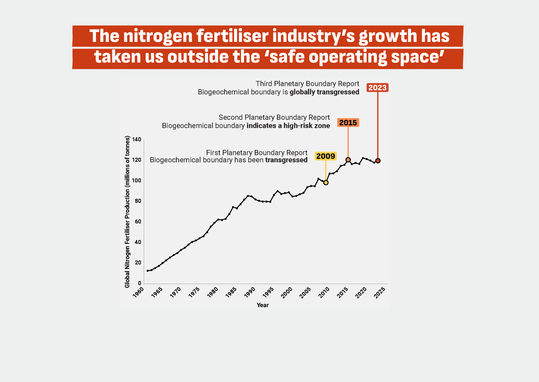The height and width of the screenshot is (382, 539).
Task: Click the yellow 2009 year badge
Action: point(326,156)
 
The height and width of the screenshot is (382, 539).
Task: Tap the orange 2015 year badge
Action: point(348,123)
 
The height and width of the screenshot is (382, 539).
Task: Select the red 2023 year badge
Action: point(377,88)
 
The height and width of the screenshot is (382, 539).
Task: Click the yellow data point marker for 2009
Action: point(326,183)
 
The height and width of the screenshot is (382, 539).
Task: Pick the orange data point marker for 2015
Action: point(348,160)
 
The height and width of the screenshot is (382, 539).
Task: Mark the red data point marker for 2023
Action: point(378,161)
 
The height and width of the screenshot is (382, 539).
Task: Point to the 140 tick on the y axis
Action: point(137,140)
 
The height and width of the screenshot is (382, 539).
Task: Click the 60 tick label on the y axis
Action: point(138,221)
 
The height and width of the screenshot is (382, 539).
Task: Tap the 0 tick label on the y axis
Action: point(140,283)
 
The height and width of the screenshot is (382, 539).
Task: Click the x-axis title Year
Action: point(263,305)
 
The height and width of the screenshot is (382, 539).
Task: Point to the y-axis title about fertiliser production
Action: point(127,212)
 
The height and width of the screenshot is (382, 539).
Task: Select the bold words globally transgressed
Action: point(324,92)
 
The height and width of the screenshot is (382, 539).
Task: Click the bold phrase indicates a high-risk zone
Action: point(288,126)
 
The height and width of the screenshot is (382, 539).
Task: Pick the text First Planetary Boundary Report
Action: point(257,153)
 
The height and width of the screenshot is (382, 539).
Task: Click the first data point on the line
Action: point(148,271)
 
